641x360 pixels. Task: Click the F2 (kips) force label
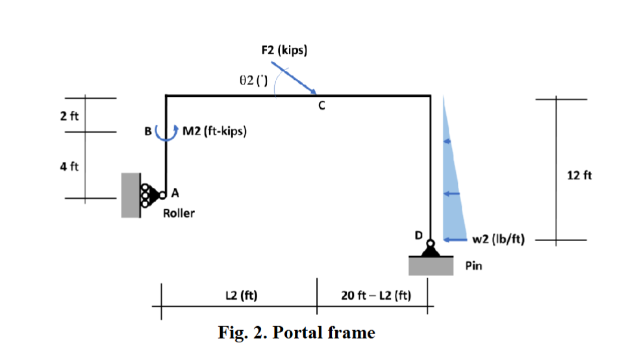pyautogui.click(x=284, y=50)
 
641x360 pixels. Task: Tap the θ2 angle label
pyautogui.click(x=253, y=80)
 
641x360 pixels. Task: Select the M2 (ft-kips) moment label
pyautogui.click(x=214, y=131)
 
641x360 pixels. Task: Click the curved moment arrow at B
pyautogui.click(x=166, y=134)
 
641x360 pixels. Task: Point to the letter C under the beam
pyautogui.click(x=321, y=105)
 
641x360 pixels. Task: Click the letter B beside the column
pyautogui.click(x=148, y=131)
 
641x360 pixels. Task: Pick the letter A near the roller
pyautogui.click(x=175, y=193)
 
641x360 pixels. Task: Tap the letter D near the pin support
pyautogui.click(x=419, y=235)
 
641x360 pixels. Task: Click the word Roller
pyautogui.click(x=179, y=213)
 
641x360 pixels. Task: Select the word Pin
pyautogui.click(x=473, y=266)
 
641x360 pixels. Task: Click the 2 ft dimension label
pyautogui.click(x=69, y=116)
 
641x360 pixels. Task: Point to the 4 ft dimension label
pyautogui.click(x=69, y=166)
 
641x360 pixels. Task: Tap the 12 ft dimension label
pyautogui.click(x=579, y=175)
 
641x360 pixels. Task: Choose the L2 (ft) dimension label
pyautogui.click(x=241, y=296)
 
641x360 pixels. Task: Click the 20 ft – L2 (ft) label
pyautogui.click(x=376, y=296)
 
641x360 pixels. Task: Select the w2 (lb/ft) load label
pyautogui.click(x=498, y=239)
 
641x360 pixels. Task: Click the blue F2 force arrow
pyautogui.click(x=294, y=78)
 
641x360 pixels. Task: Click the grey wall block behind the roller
pyautogui.click(x=131, y=195)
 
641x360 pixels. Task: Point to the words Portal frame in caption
pyautogui.click(x=324, y=332)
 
